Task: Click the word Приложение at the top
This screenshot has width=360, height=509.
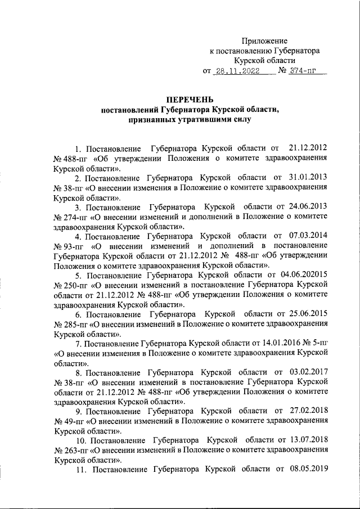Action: pos(264,41)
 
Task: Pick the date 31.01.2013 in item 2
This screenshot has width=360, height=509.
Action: pos(308,178)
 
